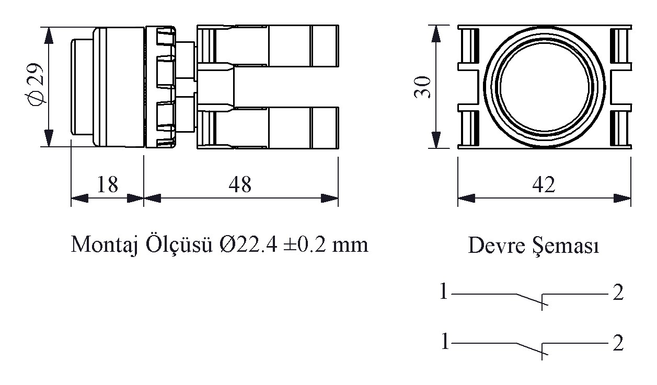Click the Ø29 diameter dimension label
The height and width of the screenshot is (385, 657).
pos(35,85)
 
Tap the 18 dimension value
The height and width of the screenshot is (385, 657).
pos(107,184)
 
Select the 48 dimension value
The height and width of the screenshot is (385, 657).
pos(240,184)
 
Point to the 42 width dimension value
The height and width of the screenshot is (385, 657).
pos(544,184)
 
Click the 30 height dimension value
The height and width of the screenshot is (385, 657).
pos(422,87)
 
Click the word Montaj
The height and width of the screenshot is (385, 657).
pos(105,245)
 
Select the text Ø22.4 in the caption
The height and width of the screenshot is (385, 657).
pos(248,244)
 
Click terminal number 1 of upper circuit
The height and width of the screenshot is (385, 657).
pos(444,292)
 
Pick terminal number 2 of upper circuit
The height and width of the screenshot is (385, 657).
pos(618,293)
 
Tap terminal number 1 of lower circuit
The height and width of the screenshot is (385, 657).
pos(445,341)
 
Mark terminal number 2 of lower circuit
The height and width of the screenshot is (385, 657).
pos(618,343)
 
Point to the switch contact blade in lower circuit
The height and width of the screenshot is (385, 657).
pos(532,349)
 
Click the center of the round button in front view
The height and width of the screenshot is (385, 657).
pos(544,87)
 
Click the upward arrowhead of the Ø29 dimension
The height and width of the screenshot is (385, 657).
pos(49,36)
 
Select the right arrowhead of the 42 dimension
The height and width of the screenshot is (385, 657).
pos(622,198)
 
